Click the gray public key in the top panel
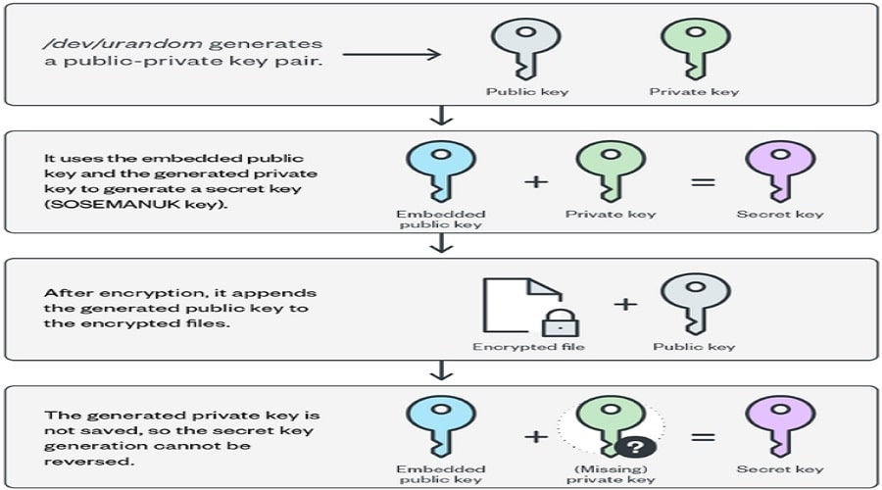coord(526,49)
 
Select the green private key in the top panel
coord(694,49)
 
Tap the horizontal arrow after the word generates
coord(392,55)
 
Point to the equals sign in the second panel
coord(697,182)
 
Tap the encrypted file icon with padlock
coord(520,306)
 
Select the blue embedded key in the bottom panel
coord(440,425)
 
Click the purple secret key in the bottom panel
coord(780,425)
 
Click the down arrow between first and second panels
coord(442,117)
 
